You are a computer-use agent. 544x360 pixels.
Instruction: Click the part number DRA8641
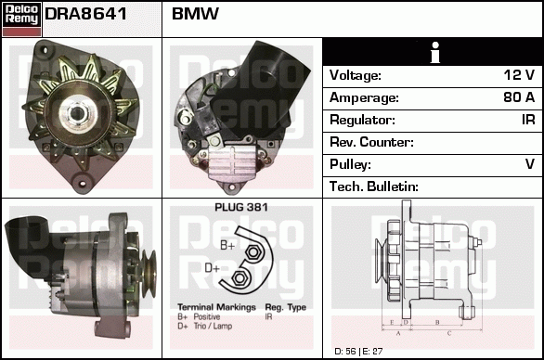[85, 15]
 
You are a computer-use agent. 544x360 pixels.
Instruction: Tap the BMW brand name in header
[195, 15]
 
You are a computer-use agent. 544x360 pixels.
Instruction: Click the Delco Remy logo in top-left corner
[20, 19]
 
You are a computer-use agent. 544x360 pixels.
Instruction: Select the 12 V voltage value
[519, 75]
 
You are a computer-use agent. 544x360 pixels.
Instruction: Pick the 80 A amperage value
[518, 97]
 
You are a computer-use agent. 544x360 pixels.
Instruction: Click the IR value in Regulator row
[527, 120]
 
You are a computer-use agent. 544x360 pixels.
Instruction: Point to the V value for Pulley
[530, 164]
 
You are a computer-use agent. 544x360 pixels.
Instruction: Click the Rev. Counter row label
[371, 142]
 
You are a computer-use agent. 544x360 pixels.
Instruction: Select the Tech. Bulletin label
[374, 186]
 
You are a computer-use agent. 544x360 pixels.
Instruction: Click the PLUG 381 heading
[241, 208]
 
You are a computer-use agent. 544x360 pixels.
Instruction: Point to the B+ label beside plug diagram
[227, 245]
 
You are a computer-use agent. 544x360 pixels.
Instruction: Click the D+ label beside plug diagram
[213, 268]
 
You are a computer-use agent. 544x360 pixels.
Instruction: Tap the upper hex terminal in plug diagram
[253, 251]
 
